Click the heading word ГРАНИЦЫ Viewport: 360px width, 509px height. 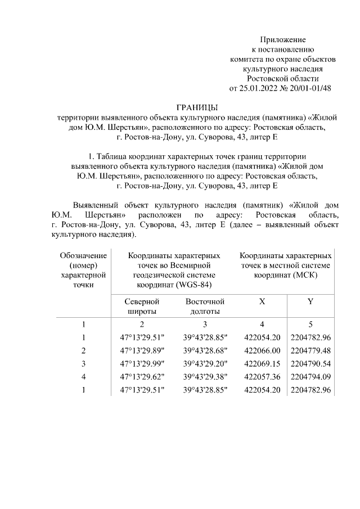pos(196,107)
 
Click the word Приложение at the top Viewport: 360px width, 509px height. pos(282,40)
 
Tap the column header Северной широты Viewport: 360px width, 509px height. pos(142,307)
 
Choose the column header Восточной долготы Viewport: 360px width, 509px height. pos(205,307)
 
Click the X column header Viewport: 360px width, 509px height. pos(262,301)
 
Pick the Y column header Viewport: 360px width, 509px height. pos(310,301)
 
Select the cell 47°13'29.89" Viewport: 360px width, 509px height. pos(142,350)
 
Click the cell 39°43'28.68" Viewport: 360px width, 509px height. pos(205,350)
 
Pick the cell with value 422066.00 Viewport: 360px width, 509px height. pos(262,350)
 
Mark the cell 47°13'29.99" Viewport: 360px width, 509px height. pos(142,364)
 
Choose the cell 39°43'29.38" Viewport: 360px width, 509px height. pos(205,377)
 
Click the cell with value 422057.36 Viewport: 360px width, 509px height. pos(262,377)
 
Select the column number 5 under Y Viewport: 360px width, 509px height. pos(310,324)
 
